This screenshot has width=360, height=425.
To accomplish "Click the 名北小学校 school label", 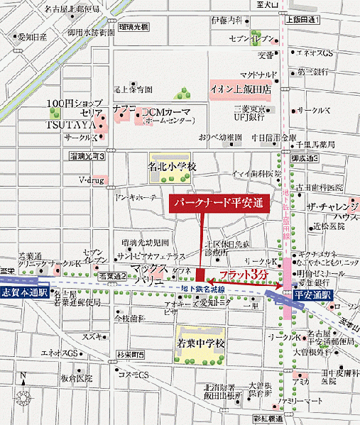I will click(x=170, y=166).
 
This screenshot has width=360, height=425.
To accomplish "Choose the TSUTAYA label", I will click(x=71, y=125).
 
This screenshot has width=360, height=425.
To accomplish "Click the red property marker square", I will click(x=200, y=275).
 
